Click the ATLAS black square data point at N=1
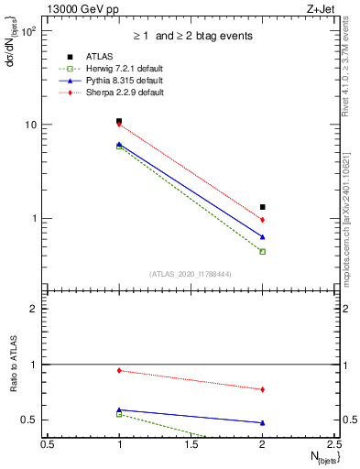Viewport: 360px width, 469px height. click(119, 121)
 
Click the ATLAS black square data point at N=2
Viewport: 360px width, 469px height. click(263, 207)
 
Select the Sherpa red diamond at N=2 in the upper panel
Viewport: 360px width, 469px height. click(263, 220)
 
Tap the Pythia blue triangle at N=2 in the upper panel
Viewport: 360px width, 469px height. click(263, 237)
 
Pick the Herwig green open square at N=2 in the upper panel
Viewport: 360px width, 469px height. click(263, 251)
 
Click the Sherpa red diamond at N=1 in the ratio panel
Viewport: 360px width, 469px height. click(119, 370)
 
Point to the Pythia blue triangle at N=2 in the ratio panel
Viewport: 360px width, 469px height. click(263, 422)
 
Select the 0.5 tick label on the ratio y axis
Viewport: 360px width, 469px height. click(31, 420)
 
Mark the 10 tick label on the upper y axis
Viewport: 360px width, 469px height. click(30, 125)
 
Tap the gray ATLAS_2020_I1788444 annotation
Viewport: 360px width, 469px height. click(190, 274)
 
